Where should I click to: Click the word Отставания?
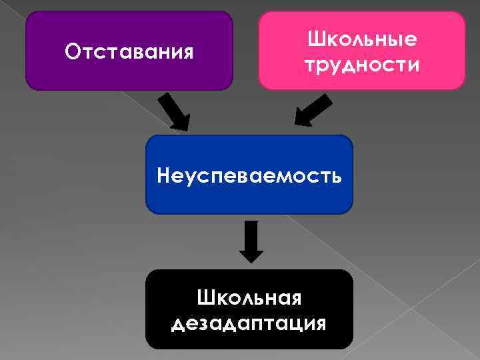point(129,51)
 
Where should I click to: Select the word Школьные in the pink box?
point(362,39)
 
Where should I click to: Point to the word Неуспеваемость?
point(249,176)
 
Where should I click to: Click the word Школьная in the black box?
point(249,297)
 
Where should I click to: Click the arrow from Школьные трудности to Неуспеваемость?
point(312,111)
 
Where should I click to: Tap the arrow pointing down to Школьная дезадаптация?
point(251,241)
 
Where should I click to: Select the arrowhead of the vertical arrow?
point(251,254)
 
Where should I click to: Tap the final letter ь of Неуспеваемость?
point(338,177)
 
